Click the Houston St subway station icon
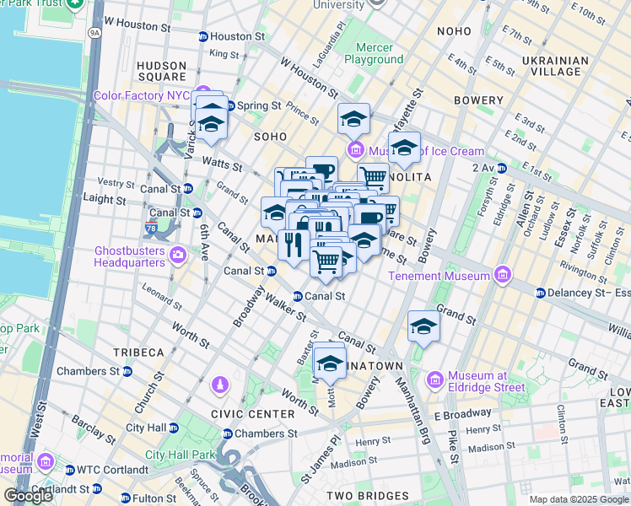click(202, 37)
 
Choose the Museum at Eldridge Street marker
click(435, 380)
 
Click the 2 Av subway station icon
click(501, 168)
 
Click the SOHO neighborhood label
click(272, 136)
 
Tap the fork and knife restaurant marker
click(292, 245)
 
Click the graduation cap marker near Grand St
click(423, 326)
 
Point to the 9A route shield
click(94, 33)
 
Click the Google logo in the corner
click(28, 496)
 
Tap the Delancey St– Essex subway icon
click(540, 293)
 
